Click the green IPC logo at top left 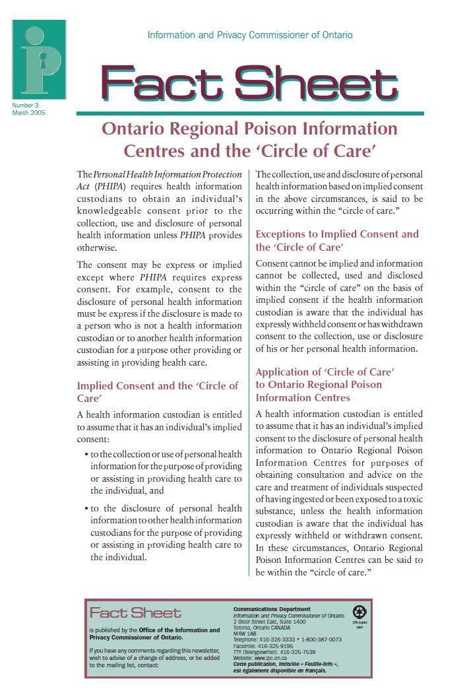point(39,59)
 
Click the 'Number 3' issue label point(26,105)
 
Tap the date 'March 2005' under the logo point(28,112)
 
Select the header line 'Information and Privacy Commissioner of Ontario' point(250,35)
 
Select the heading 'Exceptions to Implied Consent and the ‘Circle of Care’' point(336,240)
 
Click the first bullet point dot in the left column point(86,455)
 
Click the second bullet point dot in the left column point(86,509)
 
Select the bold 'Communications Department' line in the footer point(272,608)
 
